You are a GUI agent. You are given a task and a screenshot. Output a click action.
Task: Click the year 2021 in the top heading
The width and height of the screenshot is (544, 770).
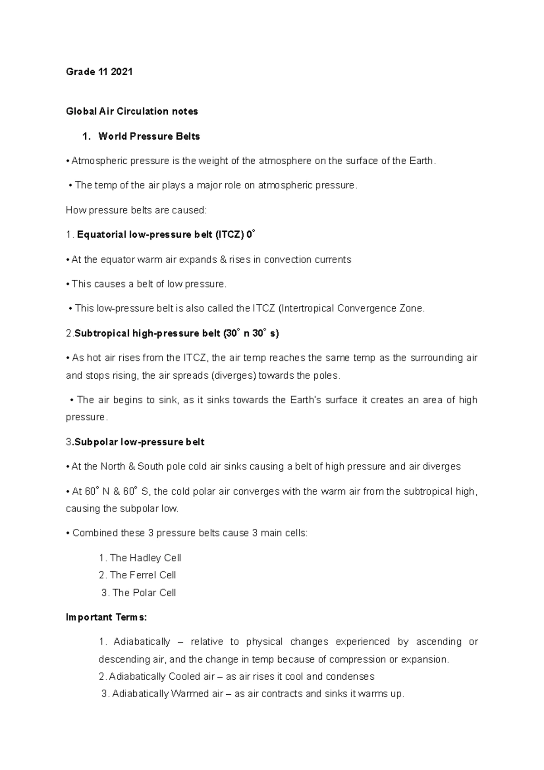121,72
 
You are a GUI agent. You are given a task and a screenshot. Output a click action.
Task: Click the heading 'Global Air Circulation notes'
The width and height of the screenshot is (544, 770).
132,111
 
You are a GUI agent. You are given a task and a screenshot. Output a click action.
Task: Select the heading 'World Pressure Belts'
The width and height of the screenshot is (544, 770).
149,136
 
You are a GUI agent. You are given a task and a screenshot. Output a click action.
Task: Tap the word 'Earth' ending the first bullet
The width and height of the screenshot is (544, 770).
421,161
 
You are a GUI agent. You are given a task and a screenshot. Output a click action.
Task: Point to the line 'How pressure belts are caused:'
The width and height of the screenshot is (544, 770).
136,210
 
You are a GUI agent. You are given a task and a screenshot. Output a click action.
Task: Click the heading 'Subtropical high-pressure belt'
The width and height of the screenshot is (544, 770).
147,333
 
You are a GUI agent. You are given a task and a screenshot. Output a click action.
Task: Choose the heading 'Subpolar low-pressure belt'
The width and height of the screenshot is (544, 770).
139,442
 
